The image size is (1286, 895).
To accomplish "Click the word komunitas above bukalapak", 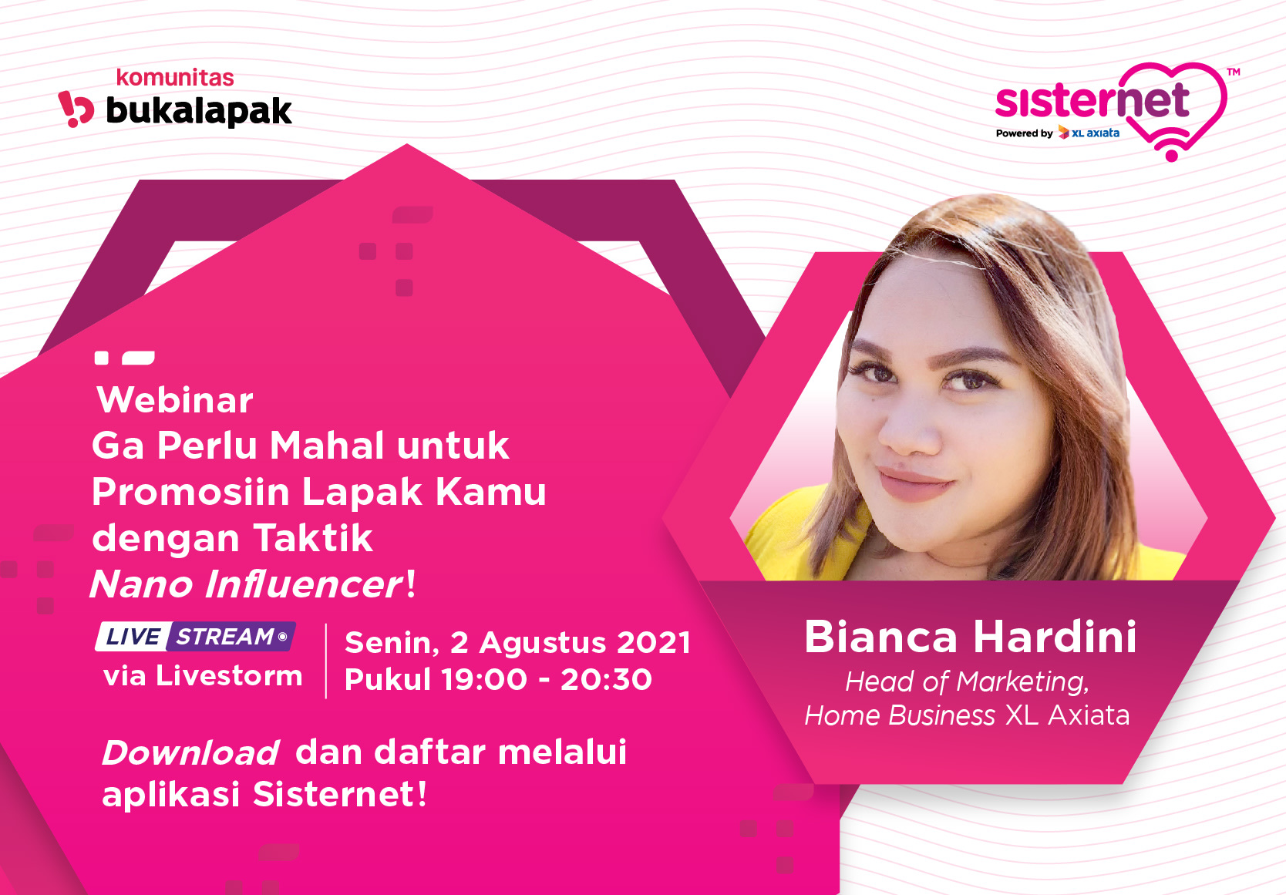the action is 175,78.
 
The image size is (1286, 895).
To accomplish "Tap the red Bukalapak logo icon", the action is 76,109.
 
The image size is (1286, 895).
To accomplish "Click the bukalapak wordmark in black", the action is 199,110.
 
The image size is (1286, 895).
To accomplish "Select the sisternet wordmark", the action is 1092,99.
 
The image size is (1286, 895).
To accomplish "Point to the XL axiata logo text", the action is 1089,133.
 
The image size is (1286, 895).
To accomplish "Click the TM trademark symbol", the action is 1233,72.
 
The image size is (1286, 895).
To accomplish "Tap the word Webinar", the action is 174,399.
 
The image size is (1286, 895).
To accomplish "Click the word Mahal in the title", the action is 327,446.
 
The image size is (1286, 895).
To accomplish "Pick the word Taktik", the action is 313,538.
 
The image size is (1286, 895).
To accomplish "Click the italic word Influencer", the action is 303,584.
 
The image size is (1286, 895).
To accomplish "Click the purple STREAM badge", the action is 231,637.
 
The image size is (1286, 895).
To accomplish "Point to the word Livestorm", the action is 228,676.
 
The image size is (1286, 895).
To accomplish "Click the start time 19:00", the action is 484,680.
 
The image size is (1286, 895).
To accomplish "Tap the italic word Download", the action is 190,753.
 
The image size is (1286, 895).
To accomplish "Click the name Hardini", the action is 1055,638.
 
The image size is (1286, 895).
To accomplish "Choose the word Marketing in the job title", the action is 1023,682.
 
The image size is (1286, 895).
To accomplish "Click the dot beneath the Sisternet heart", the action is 1172,156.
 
